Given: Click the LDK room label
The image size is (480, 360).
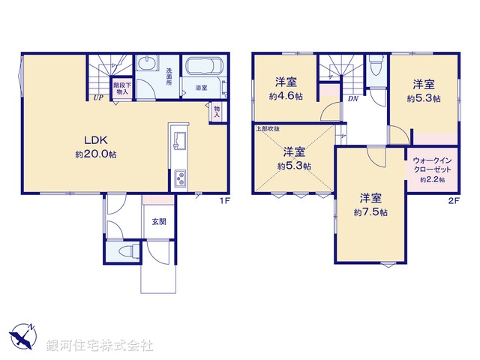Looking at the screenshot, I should click(x=94, y=140).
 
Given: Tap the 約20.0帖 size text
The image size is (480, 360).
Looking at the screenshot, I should click(x=95, y=154).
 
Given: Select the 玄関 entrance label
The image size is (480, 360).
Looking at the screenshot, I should click(x=159, y=221).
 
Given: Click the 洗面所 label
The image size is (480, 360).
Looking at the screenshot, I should click(x=170, y=76).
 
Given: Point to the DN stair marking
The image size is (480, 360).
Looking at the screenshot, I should click(x=352, y=98).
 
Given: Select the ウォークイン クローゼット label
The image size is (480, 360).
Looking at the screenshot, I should click(x=432, y=166).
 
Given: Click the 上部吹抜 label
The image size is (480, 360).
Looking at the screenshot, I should click(x=268, y=128).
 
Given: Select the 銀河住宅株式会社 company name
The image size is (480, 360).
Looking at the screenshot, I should click(x=100, y=346).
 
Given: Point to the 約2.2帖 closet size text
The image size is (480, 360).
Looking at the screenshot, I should click(x=432, y=180).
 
